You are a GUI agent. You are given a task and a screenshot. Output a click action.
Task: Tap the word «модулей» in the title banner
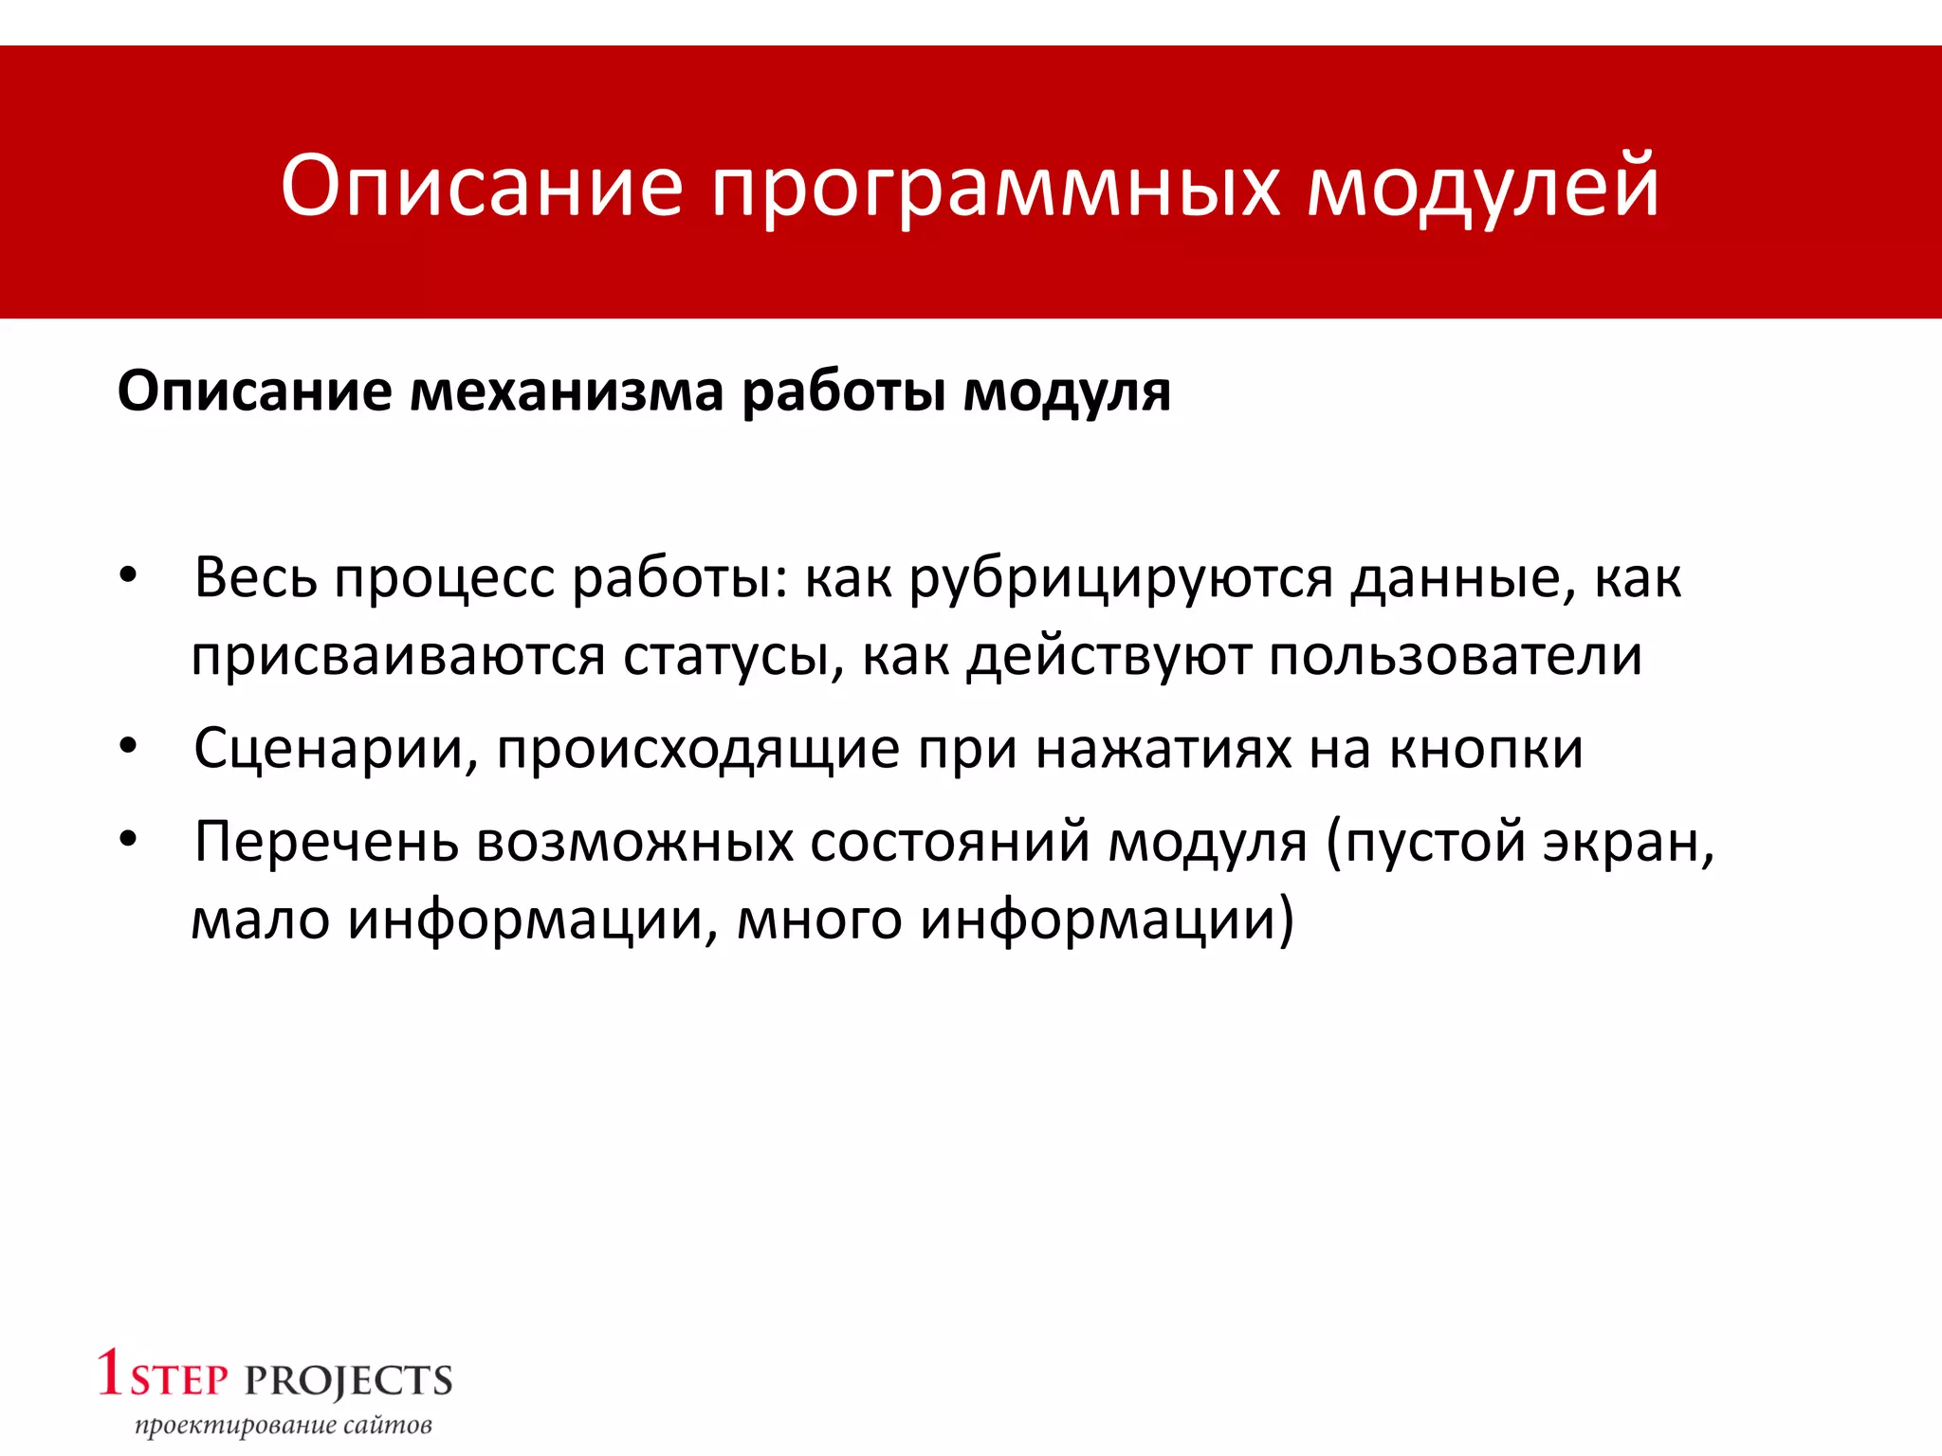point(1483,187)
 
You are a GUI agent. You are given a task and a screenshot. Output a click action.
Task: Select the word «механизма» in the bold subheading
point(566,391)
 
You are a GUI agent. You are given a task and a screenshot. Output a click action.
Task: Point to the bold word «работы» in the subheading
point(844,391)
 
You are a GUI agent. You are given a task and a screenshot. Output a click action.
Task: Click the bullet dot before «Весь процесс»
point(129,576)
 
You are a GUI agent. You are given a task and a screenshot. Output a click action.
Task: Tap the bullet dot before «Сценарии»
point(129,747)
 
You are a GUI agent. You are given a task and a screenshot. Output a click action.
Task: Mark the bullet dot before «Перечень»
point(129,840)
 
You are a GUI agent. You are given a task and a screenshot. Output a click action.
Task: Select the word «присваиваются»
point(398,656)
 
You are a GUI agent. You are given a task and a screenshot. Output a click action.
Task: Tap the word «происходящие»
point(698,749)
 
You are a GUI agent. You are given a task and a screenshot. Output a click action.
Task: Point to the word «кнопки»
point(1486,749)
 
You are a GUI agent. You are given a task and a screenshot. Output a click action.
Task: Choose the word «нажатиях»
point(1163,749)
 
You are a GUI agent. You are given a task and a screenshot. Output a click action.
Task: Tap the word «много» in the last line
point(819,919)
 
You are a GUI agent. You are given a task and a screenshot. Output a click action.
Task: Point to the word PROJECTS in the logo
point(349,1382)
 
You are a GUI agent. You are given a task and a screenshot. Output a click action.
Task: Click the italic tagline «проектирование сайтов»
point(284,1426)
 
